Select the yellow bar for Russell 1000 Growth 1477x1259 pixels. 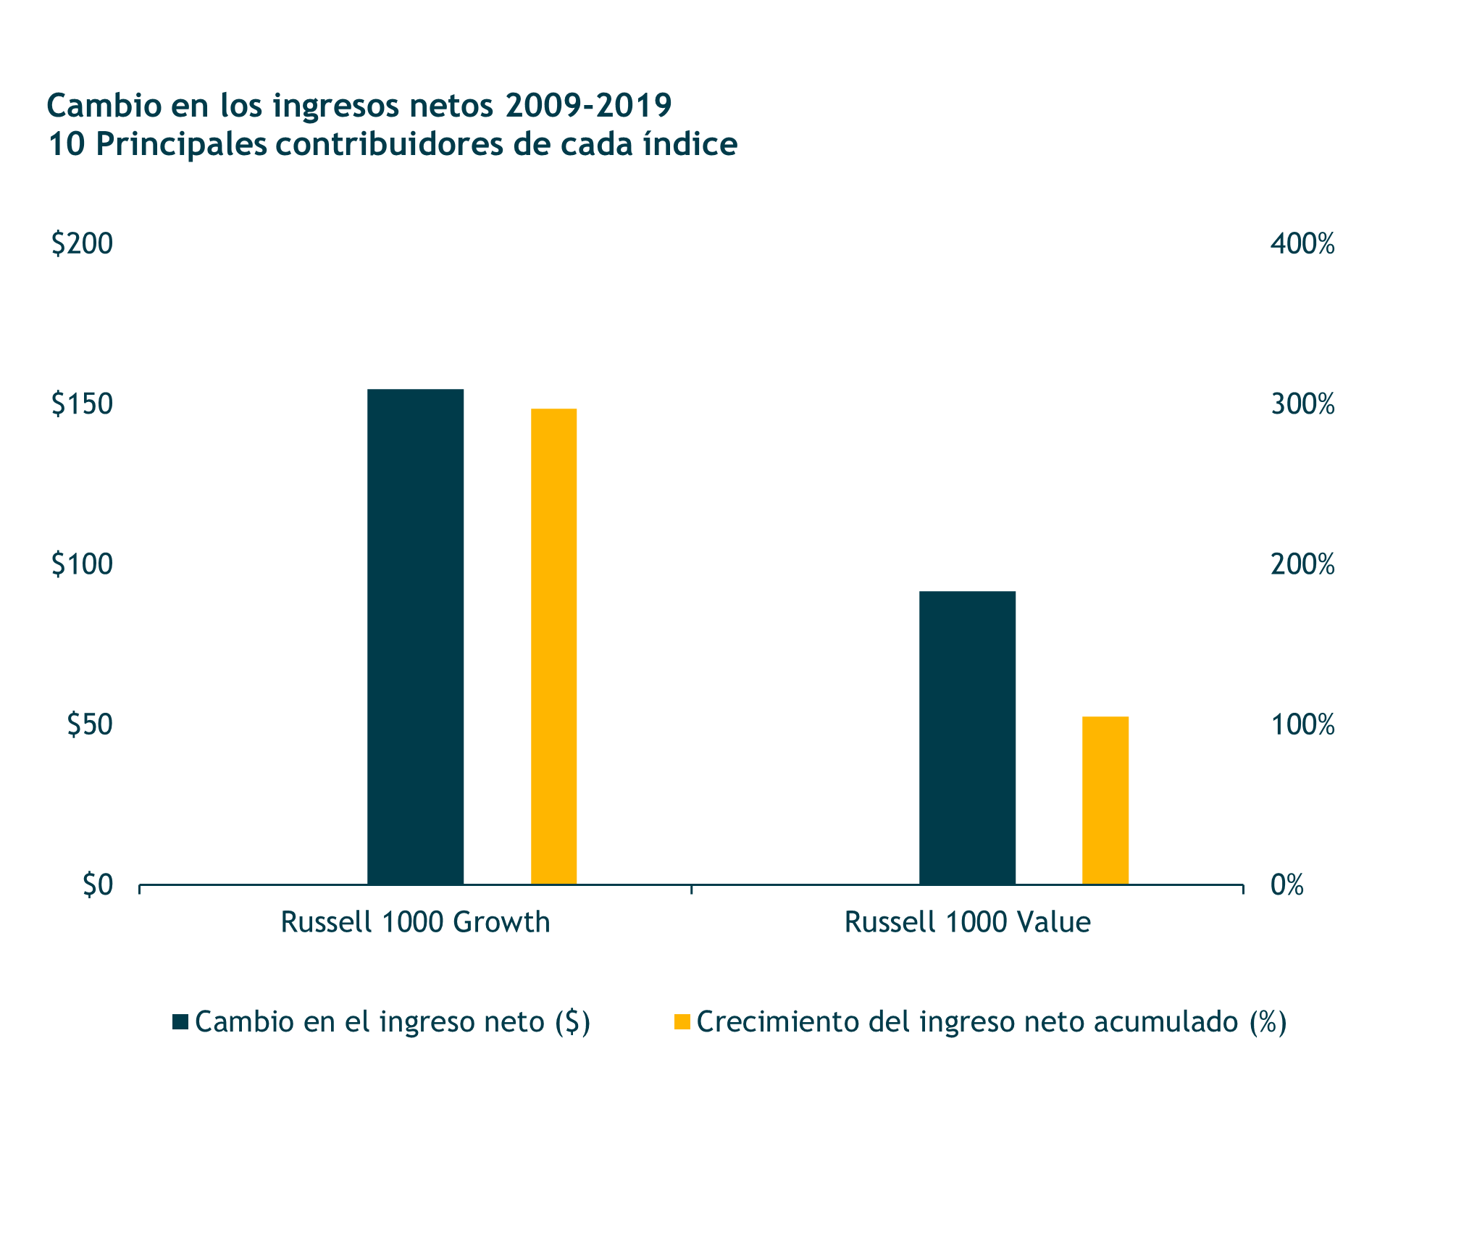[x=553, y=645]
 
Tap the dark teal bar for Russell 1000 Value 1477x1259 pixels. [x=967, y=737]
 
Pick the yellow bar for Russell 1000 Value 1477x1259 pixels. [x=1105, y=800]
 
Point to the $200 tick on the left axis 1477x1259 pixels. [x=82, y=243]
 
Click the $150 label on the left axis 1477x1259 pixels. [x=82, y=403]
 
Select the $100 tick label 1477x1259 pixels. [x=82, y=564]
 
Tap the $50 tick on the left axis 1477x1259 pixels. [x=90, y=724]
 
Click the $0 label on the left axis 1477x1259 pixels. [x=98, y=885]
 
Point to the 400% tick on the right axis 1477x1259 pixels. [x=1302, y=244]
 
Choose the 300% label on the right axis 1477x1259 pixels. [x=1302, y=404]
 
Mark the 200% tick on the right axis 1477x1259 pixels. [x=1302, y=564]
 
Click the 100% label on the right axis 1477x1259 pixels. [x=1302, y=724]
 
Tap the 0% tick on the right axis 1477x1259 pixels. [x=1286, y=885]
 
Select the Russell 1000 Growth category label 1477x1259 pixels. [x=415, y=922]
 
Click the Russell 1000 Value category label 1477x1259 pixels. [x=967, y=922]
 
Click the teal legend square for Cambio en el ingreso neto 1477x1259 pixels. [x=180, y=1022]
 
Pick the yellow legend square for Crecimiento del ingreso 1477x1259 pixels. [x=682, y=1022]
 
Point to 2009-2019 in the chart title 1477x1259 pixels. [x=588, y=106]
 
